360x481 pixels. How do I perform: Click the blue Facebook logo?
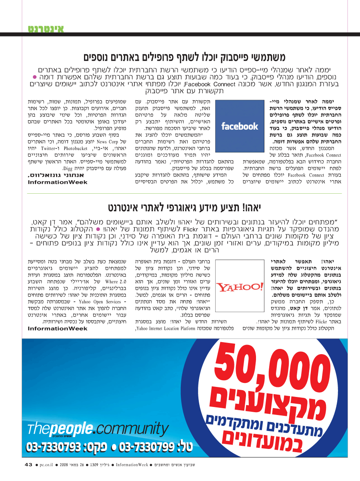(x=240, y=126)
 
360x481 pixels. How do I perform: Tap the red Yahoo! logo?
(x=240, y=287)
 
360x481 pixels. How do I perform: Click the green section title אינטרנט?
(x=46, y=29)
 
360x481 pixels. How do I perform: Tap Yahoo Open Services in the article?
(x=98, y=301)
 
